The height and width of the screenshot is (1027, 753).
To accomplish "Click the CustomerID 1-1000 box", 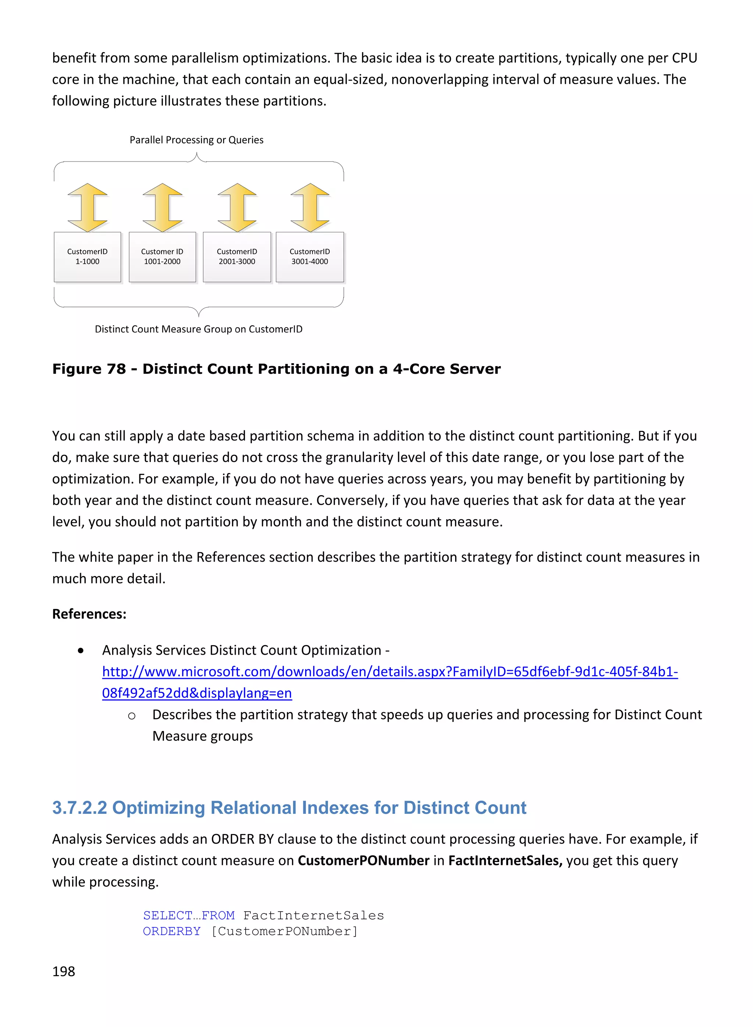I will (x=87, y=257).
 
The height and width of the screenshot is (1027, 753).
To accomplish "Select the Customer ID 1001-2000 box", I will (x=162, y=257).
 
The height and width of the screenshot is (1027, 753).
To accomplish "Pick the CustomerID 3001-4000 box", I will (x=310, y=257).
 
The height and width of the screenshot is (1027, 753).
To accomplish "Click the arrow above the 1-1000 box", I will (x=88, y=207).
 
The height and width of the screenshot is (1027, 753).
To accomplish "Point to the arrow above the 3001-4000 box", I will (x=310, y=207).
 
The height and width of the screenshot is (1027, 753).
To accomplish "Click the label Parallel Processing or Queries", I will (x=196, y=140).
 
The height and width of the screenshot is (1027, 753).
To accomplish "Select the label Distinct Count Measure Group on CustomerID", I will (x=198, y=329).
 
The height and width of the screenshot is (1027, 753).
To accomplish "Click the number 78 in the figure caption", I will (x=116, y=369).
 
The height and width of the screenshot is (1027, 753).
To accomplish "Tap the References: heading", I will (x=89, y=614).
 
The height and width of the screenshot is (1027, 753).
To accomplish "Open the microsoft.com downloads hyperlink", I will (x=390, y=672).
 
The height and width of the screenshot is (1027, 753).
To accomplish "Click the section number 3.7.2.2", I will (x=79, y=808).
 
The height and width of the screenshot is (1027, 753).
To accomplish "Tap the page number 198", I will (x=63, y=971).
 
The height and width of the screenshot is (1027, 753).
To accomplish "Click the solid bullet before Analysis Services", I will (x=81, y=651).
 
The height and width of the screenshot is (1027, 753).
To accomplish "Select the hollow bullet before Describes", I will (x=132, y=716).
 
